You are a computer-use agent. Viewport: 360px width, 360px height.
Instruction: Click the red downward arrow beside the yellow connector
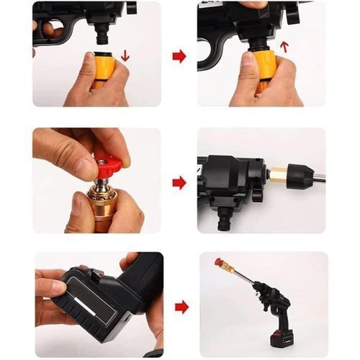125,55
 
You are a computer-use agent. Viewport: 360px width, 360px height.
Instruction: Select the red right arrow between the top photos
179,56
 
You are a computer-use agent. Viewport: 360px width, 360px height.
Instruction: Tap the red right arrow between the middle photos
179,182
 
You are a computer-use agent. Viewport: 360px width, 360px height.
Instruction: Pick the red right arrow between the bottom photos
181,307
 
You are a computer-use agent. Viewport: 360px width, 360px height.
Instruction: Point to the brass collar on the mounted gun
277,175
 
